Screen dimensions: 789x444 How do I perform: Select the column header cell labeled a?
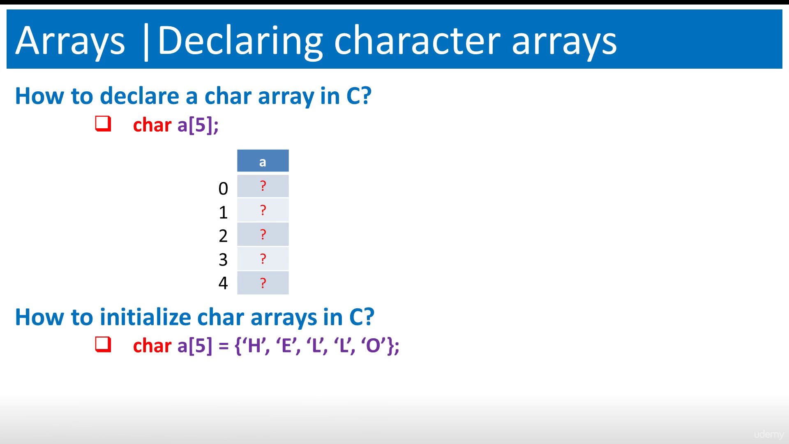click(263, 161)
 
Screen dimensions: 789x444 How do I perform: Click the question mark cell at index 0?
click(263, 186)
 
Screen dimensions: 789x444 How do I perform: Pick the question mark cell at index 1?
click(263, 210)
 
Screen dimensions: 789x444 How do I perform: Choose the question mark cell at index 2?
click(263, 234)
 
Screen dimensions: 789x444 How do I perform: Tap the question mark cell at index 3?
click(263, 259)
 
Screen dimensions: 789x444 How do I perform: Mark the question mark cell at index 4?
click(263, 283)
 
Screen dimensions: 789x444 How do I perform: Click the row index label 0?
click(223, 189)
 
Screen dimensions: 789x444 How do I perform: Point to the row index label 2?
click(223, 236)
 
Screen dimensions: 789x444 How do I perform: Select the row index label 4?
click(223, 283)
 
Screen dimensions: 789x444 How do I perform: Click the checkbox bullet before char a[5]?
click(103, 124)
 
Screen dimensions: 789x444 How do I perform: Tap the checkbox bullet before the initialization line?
click(103, 345)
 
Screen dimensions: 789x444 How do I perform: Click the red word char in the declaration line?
click(152, 125)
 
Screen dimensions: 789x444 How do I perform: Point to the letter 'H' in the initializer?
click(255, 346)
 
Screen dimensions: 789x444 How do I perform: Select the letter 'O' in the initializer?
click(373, 346)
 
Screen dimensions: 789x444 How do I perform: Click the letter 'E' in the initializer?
click(286, 346)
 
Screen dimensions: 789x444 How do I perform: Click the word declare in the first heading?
click(140, 96)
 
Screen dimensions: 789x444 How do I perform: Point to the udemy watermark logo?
click(769, 434)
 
